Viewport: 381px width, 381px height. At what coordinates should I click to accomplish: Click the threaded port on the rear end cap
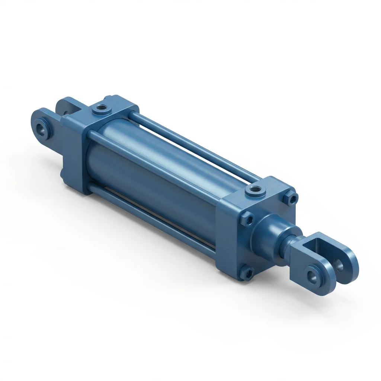pos(100,109)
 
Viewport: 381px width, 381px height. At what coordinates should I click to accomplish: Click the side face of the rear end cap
pos(74,153)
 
